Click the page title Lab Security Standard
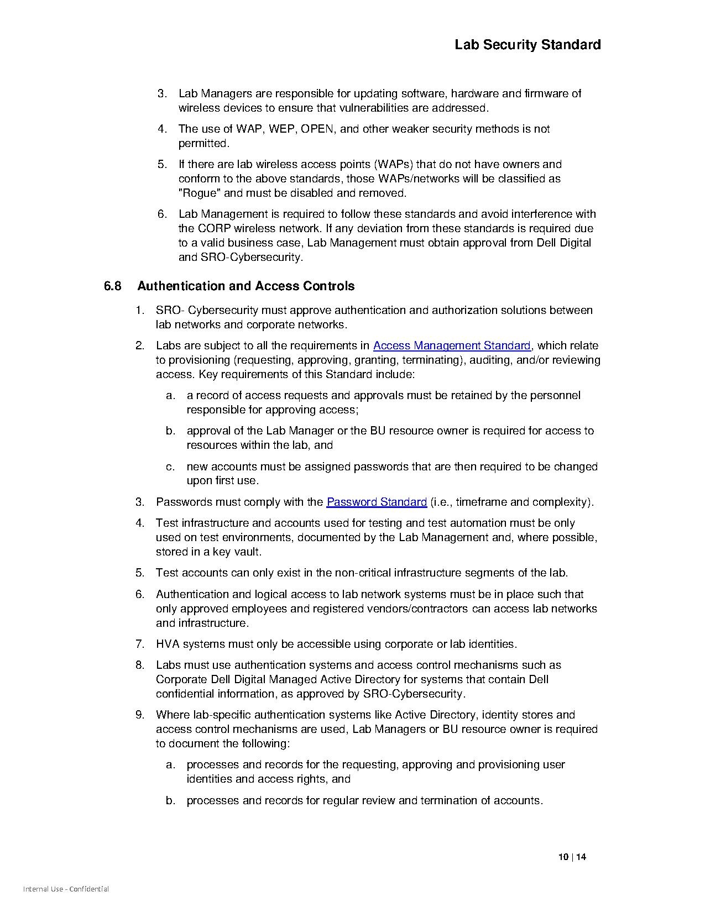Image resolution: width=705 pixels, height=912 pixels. tap(528, 45)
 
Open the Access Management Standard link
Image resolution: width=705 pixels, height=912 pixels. tap(452, 345)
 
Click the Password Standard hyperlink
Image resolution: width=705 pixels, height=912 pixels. tap(377, 502)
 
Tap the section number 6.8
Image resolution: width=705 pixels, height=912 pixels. tap(112, 286)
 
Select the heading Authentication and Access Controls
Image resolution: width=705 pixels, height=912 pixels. tap(246, 286)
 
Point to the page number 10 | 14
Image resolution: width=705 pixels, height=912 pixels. tap(572, 857)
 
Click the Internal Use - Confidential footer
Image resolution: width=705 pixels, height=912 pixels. tap(66, 889)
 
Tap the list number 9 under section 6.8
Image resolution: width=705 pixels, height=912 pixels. tap(140, 715)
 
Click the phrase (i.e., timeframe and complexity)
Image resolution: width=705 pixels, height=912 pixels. tap(512, 502)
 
